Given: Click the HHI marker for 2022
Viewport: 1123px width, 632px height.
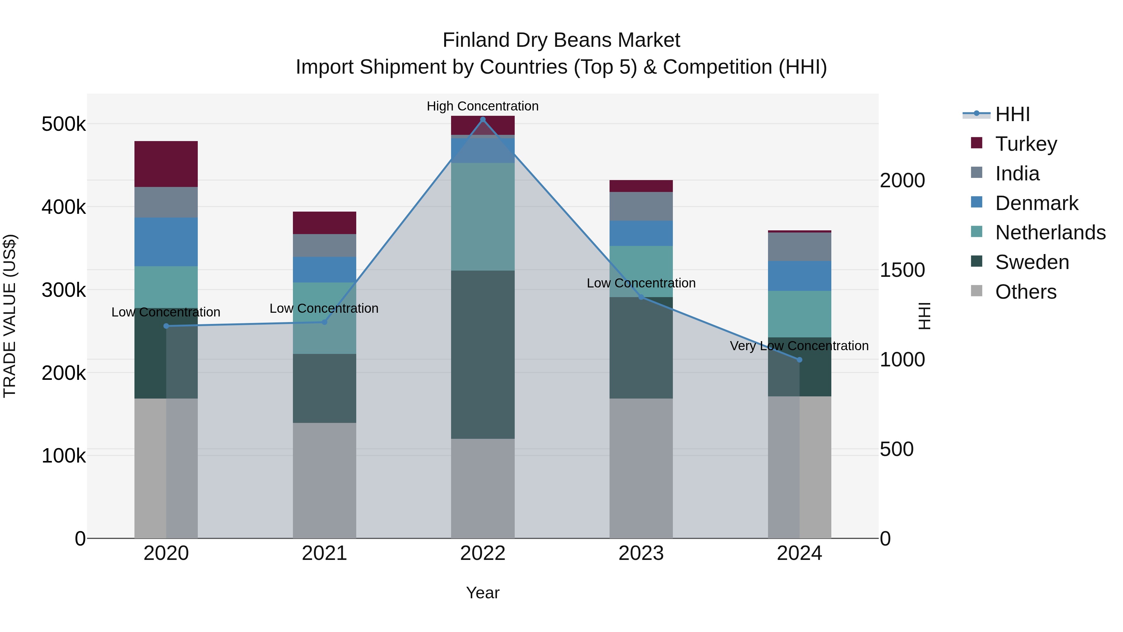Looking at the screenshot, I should coord(483,120).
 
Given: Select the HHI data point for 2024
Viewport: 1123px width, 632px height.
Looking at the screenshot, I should coord(799,360).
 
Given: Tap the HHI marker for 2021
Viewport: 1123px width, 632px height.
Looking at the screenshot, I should coord(324,322).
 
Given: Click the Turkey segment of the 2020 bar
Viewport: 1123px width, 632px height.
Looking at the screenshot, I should coord(166,164).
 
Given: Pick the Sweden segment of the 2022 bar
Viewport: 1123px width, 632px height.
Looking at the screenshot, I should coord(483,354).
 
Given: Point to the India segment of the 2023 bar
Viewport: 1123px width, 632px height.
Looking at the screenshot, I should coord(641,206).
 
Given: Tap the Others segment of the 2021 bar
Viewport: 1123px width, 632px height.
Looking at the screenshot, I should coord(324,480).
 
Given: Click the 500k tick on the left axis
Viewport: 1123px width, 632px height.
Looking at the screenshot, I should coord(64,124).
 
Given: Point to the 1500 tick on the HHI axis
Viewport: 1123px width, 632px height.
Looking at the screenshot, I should coord(902,270).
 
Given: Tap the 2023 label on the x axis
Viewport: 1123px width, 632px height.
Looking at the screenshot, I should coord(641,553).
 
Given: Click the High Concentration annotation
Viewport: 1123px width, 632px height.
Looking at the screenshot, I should coord(483,106).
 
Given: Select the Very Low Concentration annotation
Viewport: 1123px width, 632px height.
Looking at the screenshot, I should coord(799,346).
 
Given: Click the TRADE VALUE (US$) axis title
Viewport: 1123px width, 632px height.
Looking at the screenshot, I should coord(10,316).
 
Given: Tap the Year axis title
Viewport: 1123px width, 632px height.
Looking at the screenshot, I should coord(483,593).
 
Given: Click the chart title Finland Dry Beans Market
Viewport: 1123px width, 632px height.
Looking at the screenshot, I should coord(561,40).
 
